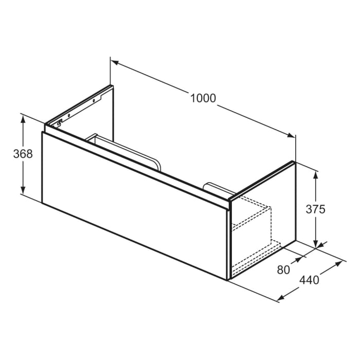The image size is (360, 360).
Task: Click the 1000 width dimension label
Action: [203, 98]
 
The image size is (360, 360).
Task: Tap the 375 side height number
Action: [316, 209]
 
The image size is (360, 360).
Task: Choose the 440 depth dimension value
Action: [309, 280]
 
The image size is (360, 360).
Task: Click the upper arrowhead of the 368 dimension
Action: [23, 118]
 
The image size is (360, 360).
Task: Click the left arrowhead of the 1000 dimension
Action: [115, 63]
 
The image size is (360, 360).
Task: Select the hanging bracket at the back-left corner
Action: [59, 123]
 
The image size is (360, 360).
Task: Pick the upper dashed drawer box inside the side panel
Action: [251, 213]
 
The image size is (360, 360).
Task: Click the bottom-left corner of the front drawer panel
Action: [42, 201]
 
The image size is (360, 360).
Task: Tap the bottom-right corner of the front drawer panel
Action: [226, 279]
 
